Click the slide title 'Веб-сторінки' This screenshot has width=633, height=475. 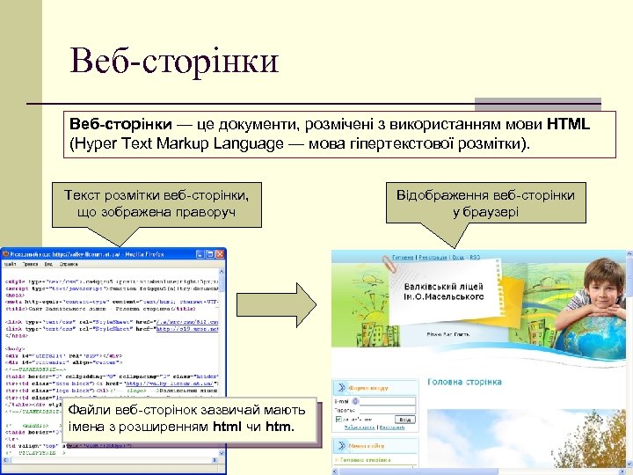tap(176, 61)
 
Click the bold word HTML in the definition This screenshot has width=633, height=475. tap(567, 125)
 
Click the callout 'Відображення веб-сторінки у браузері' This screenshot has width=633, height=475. tap(485, 202)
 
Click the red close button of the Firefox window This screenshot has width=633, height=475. tap(220, 253)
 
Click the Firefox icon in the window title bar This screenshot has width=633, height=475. tap(7, 253)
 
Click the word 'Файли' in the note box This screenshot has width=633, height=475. tap(88, 410)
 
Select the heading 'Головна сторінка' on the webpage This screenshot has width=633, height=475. tap(465, 383)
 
